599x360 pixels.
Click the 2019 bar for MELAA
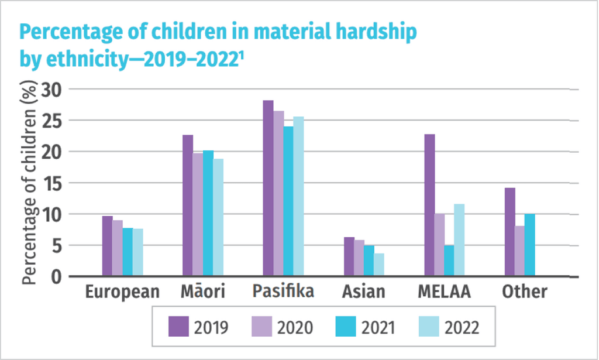tap(430, 205)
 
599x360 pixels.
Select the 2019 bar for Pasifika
tap(268, 188)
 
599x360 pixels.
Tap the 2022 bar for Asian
tap(379, 264)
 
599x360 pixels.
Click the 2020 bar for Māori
tap(198, 214)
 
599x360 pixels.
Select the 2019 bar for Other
tap(510, 231)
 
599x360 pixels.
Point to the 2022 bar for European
tap(137, 252)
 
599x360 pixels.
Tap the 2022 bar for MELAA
tap(459, 239)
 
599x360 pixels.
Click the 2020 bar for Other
tap(520, 251)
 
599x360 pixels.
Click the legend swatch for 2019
tap(179, 326)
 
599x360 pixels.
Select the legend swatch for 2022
tap(428, 326)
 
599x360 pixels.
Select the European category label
tap(122, 292)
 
